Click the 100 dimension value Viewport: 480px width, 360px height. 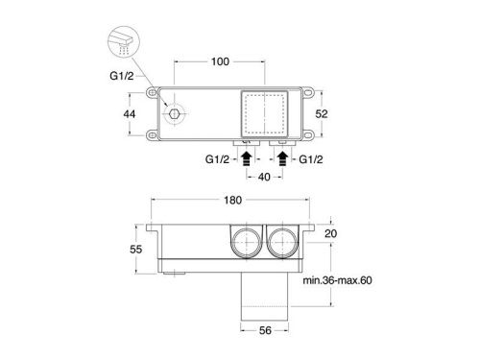[220, 61]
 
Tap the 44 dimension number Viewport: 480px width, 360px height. [130, 114]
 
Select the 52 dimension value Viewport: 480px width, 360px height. [322, 113]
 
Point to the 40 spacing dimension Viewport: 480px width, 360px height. [264, 177]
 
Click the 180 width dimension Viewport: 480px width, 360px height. [232, 200]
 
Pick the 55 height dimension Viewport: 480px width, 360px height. [135, 249]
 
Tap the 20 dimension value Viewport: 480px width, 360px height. [330, 233]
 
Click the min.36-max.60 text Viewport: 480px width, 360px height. [337, 280]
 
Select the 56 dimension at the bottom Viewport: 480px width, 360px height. [265, 330]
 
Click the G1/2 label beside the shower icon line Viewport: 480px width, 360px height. [122, 76]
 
